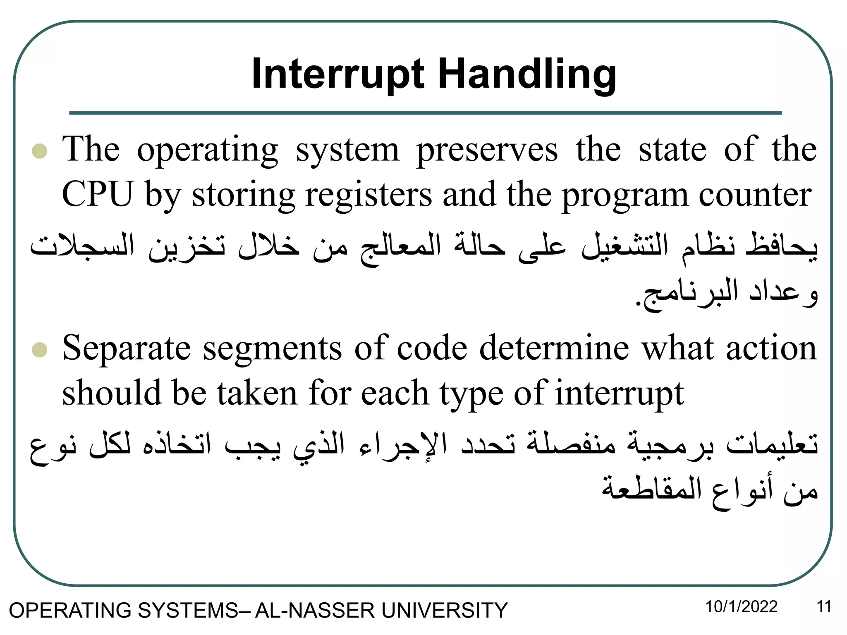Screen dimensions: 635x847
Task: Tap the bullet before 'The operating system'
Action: [x=40, y=151]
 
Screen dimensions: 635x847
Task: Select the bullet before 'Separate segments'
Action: [x=40, y=350]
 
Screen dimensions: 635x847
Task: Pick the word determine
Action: [x=554, y=348]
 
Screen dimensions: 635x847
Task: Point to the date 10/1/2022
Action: [x=741, y=607]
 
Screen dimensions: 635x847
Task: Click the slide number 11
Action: [x=824, y=607]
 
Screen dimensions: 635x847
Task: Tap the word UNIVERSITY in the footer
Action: [x=444, y=610]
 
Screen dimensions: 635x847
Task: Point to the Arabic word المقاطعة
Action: [x=651, y=489]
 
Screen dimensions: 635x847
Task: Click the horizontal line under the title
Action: [x=425, y=113]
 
